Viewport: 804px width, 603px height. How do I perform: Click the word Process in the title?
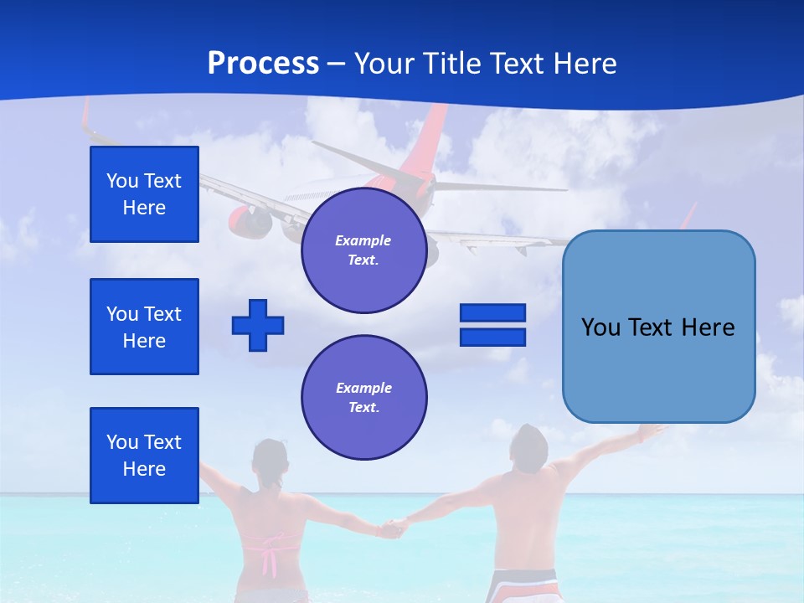[x=263, y=64]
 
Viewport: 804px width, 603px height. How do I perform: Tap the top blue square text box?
[x=144, y=194]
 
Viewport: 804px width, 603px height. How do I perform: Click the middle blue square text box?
[x=144, y=327]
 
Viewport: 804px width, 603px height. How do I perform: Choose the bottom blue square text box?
[x=144, y=456]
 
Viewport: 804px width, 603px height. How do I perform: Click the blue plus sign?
[x=258, y=325]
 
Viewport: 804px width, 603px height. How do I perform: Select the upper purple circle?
[x=363, y=250]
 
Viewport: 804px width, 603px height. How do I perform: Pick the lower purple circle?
[x=363, y=398]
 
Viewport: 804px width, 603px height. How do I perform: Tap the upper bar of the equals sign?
[x=492, y=313]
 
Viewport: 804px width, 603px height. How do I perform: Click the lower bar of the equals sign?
[x=492, y=338]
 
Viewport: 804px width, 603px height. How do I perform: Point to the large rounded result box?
[x=658, y=327]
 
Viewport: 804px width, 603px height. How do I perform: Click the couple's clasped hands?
[x=393, y=528]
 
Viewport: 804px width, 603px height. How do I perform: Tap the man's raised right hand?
[x=650, y=431]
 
